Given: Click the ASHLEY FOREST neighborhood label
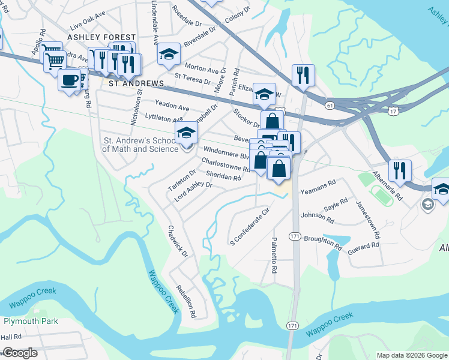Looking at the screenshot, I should point(93,37).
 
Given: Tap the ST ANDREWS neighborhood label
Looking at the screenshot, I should point(136,83).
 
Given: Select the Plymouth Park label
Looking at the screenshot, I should point(30,321).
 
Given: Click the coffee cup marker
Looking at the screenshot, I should point(70,80).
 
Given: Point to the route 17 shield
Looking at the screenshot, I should point(393,112).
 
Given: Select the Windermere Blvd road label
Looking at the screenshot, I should point(225,151).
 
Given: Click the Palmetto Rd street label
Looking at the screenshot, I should point(274,256).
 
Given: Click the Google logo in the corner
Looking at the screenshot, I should point(20,353).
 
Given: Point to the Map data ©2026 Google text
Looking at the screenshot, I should point(411,355).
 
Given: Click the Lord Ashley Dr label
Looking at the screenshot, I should point(193,192).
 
